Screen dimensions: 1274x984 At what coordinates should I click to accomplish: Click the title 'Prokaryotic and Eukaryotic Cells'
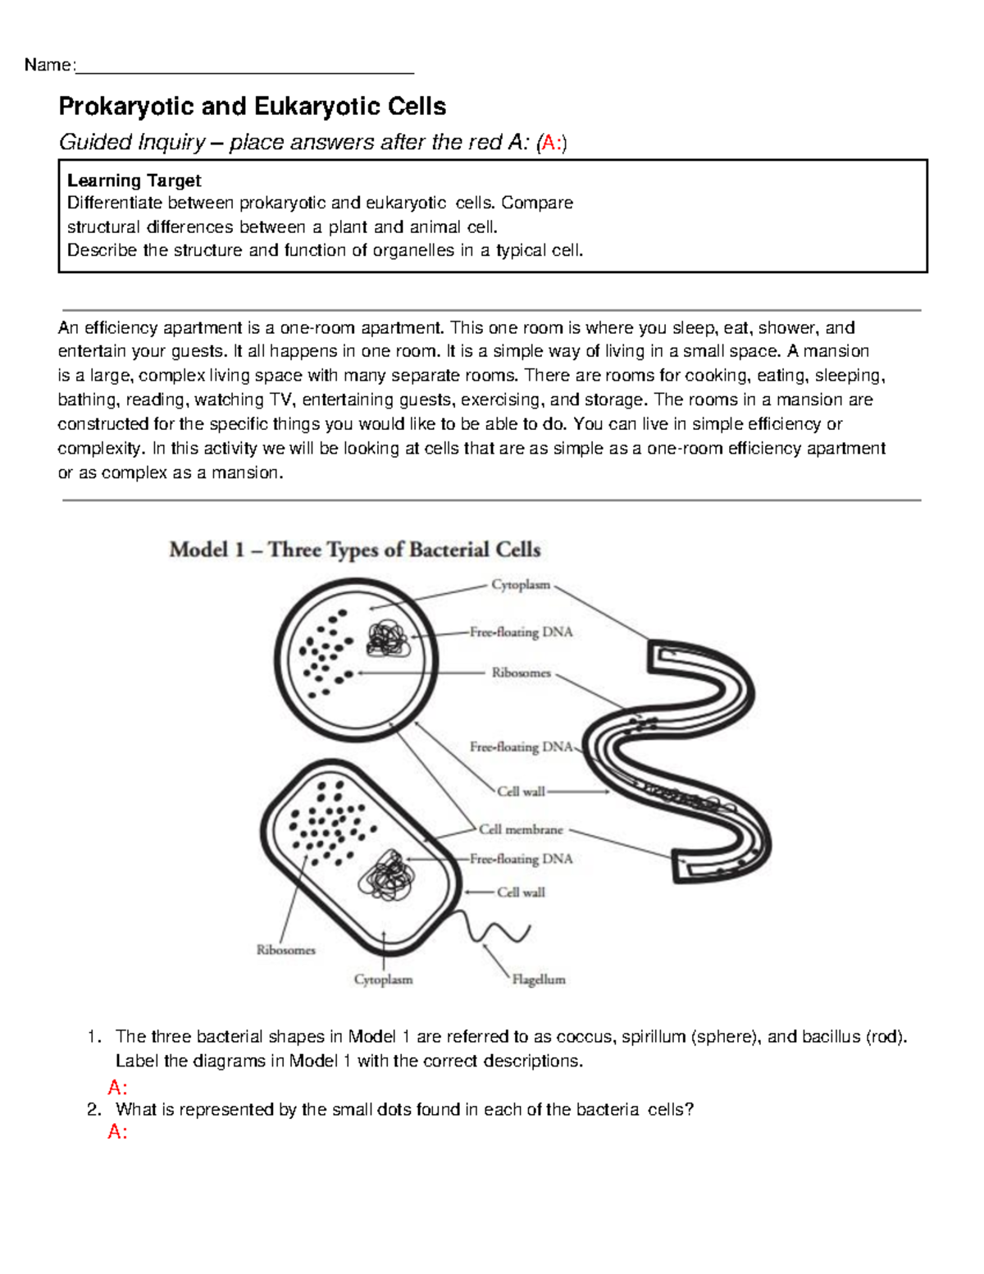click(252, 107)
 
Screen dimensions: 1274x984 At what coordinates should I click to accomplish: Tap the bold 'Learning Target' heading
click(134, 180)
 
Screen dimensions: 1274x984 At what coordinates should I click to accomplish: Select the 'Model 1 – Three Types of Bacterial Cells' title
click(354, 550)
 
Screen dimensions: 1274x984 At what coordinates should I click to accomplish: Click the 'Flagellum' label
click(539, 979)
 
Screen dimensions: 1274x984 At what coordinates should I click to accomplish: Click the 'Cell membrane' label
click(521, 829)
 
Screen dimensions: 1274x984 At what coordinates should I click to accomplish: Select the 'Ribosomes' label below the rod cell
click(285, 950)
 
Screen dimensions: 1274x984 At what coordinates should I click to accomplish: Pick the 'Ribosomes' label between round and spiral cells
click(521, 673)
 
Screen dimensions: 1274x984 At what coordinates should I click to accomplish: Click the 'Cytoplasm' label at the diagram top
click(521, 585)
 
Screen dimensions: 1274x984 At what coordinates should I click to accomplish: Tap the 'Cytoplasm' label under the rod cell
click(383, 979)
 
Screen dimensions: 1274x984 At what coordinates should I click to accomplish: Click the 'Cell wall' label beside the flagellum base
click(521, 893)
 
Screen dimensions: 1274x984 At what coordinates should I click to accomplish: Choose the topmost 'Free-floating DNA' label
click(521, 632)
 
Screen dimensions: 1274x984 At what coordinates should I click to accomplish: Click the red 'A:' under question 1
click(117, 1088)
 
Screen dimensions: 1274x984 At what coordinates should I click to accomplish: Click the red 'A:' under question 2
click(117, 1132)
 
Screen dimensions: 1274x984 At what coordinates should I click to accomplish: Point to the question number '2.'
click(94, 1110)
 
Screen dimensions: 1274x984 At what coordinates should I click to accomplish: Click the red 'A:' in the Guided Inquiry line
click(553, 144)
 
